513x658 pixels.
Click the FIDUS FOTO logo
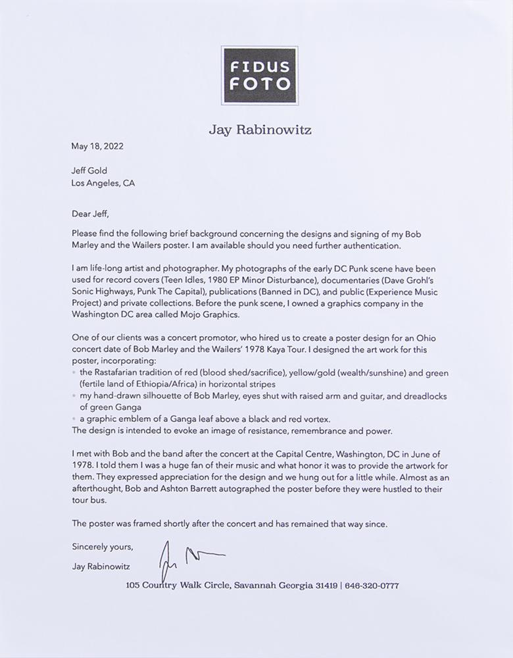point(259,76)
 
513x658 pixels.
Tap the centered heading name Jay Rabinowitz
point(260,130)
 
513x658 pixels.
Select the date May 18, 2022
point(97,147)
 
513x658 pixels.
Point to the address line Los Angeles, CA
point(103,184)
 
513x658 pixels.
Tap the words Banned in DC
point(278,292)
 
